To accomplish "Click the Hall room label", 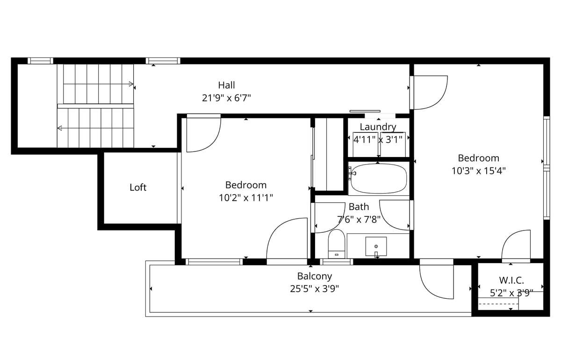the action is pyautogui.click(x=226, y=85).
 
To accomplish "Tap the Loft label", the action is pyautogui.click(x=138, y=187).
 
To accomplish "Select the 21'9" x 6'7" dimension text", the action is pyautogui.click(x=226, y=98).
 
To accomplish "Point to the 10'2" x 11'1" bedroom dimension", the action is pyautogui.click(x=246, y=198).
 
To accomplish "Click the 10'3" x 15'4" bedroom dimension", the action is pyautogui.click(x=479, y=171).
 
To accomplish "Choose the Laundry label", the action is pyautogui.click(x=378, y=127).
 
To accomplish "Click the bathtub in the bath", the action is pyautogui.click(x=379, y=179).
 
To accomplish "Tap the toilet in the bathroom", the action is pyautogui.click(x=337, y=244).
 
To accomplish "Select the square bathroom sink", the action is pyautogui.click(x=376, y=246).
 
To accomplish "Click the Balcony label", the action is pyautogui.click(x=315, y=276).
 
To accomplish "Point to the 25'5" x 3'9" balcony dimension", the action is pyautogui.click(x=315, y=289).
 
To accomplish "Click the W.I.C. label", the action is pyautogui.click(x=511, y=281).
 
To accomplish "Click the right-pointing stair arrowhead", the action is pyautogui.click(x=131, y=84).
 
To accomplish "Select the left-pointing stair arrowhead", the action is pyautogui.click(x=60, y=128).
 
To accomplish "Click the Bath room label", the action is pyautogui.click(x=359, y=207).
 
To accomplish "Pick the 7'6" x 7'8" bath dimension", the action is pyautogui.click(x=359, y=220).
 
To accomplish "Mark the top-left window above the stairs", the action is pyautogui.click(x=40, y=61).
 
